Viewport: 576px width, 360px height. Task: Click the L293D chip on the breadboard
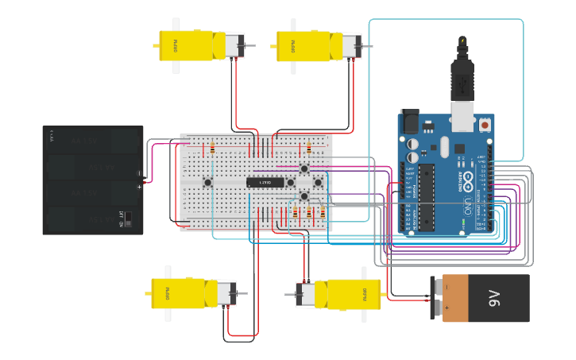[x=265, y=183]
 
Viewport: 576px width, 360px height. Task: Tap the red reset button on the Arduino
[x=485, y=125]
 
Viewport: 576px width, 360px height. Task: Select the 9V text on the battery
[x=493, y=298]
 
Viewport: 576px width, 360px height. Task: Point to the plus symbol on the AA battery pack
[x=140, y=187]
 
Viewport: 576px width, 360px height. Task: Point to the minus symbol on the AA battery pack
[x=140, y=172]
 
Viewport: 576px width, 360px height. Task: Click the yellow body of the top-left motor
[x=188, y=45]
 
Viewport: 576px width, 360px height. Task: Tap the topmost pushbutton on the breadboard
[x=303, y=168]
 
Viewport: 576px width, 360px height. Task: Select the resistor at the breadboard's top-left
[x=212, y=148]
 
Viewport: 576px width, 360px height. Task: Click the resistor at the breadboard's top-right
[x=308, y=148]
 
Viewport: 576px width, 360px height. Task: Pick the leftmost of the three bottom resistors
[x=296, y=213]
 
